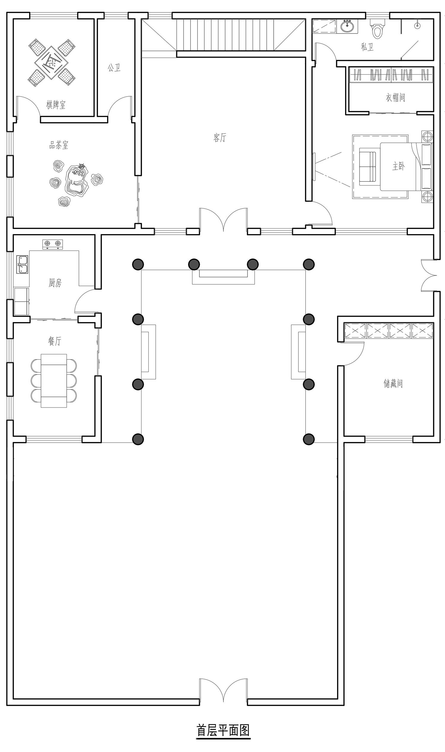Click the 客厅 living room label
[220, 137]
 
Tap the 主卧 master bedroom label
[398, 166]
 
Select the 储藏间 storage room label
[393, 383]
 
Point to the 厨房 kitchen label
[55, 282]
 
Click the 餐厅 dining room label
[55, 341]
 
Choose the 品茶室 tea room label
[59, 145]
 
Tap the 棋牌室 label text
[56, 105]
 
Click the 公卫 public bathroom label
[114, 68]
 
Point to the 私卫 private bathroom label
[367, 47]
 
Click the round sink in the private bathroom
[348, 26]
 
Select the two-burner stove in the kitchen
[53, 244]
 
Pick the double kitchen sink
[22, 264]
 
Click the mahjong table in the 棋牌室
[51, 63]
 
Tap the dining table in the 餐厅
[54, 381]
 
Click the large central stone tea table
[77, 180]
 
